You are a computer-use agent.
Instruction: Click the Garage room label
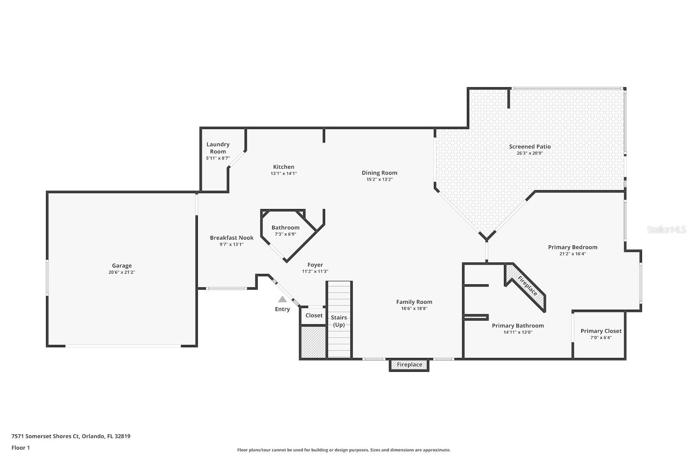point(122,266)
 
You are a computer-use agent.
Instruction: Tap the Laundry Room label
point(218,148)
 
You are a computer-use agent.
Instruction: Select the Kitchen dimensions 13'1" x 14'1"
point(283,174)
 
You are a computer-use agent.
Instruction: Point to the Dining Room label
point(379,173)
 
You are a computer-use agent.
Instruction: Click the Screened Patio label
point(530,147)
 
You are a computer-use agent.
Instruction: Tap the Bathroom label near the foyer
point(285,228)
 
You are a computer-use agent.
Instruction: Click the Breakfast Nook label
point(232,238)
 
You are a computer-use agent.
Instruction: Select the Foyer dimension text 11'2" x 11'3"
point(315,271)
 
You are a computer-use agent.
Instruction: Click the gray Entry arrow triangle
point(282,299)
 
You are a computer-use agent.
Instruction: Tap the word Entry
point(283,309)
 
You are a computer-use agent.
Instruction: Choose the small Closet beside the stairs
point(314,316)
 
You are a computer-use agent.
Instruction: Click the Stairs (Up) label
point(339,321)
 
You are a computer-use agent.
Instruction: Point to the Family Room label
point(414,302)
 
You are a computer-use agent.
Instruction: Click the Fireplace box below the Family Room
point(409,365)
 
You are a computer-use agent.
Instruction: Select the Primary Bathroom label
point(518,326)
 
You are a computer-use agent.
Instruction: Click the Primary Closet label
point(601,331)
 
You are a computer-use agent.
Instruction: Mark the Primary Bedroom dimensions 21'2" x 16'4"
point(572,254)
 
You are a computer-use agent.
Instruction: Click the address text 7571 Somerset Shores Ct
point(46,436)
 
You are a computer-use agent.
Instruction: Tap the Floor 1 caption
point(21,448)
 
